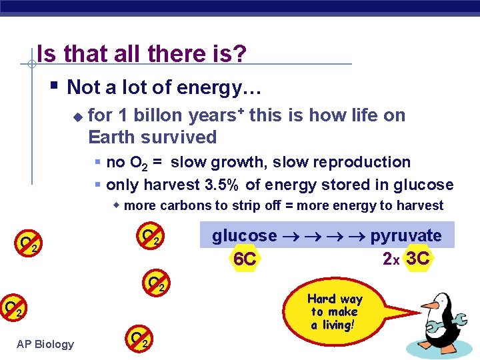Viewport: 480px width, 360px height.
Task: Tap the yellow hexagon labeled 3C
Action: pyautogui.click(x=417, y=258)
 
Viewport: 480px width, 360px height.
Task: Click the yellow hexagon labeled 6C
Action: pyautogui.click(x=245, y=259)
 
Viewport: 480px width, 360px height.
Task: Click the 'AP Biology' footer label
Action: pyautogui.click(x=45, y=344)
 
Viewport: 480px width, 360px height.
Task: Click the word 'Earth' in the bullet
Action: pyautogui.click(x=110, y=137)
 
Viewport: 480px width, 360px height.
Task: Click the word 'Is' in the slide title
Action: pyautogui.click(x=46, y=53)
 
